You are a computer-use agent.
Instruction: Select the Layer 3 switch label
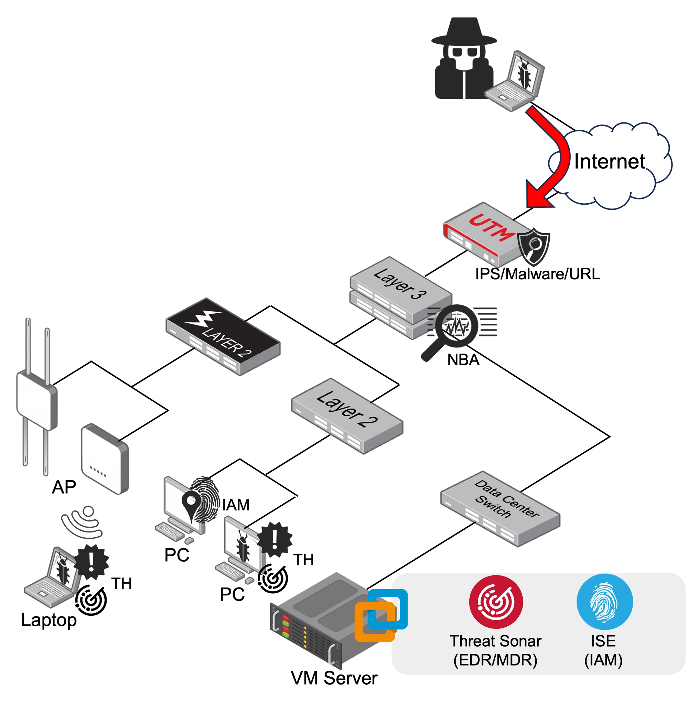400,284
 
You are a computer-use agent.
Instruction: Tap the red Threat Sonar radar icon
496,602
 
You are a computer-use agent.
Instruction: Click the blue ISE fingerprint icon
604,602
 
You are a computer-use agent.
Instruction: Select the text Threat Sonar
495,641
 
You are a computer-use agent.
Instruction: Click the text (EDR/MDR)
495,660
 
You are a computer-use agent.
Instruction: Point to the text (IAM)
603,660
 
